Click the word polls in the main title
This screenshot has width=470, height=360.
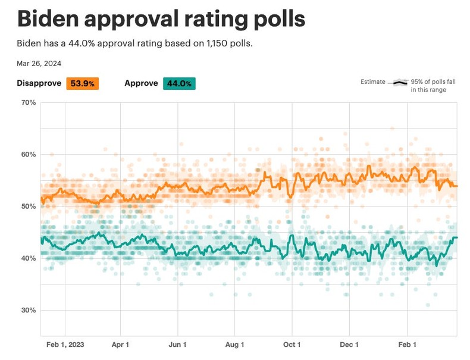click(276, 19)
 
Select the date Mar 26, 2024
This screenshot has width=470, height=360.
click(39, 63)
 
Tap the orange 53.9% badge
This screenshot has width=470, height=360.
click(82, 83)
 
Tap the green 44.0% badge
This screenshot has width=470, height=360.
click(179, 83)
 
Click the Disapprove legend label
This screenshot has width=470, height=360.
click(39, 83)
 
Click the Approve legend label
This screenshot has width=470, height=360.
click(141, 83)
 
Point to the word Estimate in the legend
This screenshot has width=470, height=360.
click(373, 82)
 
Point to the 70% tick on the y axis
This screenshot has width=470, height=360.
click(28, 103)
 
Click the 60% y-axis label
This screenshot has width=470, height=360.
click(28, 155)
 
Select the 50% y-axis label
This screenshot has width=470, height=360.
click(28, 206)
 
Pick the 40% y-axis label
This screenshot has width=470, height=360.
click(28, 258)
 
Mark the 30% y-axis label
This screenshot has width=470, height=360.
click(28, 310)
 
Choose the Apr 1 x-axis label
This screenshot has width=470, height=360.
click(121, 345)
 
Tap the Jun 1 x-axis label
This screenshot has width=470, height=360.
click(178, 345)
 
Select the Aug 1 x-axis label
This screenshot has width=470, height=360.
click(235, 345)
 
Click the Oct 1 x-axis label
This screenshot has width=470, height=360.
click(292, 345)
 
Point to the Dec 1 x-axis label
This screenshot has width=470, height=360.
click(349, 345)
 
